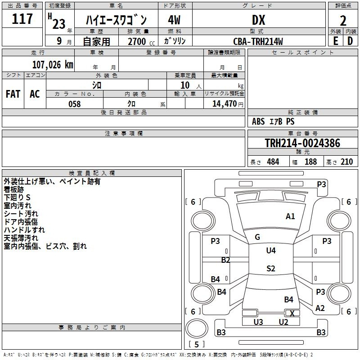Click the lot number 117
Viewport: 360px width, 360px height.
(22, 19)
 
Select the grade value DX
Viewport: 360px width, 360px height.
(258, 20)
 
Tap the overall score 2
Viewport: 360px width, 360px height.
(343, 21)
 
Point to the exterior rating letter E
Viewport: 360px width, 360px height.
(336, 41)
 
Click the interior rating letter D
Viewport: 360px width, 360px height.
(350, 41)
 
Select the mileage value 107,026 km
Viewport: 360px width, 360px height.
(53, 65)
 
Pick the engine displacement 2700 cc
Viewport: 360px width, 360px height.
(141, 41)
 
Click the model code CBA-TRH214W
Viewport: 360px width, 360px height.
(258, 41)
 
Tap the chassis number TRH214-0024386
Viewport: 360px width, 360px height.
(302, 143)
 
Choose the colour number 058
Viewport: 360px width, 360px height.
(75, 104)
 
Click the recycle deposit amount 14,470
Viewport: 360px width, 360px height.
(224, 104)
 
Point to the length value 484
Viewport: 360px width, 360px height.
(273, 162)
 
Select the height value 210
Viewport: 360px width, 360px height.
(346, 162)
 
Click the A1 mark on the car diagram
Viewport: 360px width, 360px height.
(290, 216)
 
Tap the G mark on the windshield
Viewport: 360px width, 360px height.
(257, 237)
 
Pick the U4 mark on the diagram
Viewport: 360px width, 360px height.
(271, 251)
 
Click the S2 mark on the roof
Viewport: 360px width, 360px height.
(271, 268)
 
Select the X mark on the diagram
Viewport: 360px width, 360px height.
(292, 313)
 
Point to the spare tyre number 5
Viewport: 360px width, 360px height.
(196, 344)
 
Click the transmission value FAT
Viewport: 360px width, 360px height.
(13, 94)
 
